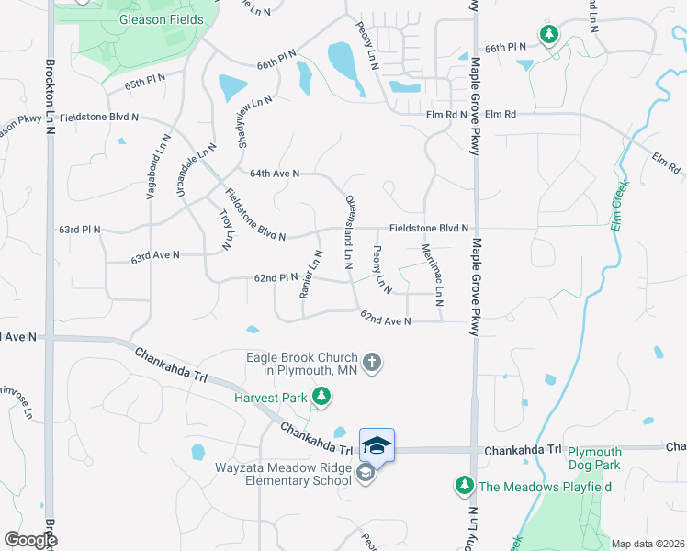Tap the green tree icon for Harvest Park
321,397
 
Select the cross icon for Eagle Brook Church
372,362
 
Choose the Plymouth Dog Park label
593,458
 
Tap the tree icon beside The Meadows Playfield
465,484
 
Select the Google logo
30,539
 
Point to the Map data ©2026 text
648,544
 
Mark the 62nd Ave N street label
385,320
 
